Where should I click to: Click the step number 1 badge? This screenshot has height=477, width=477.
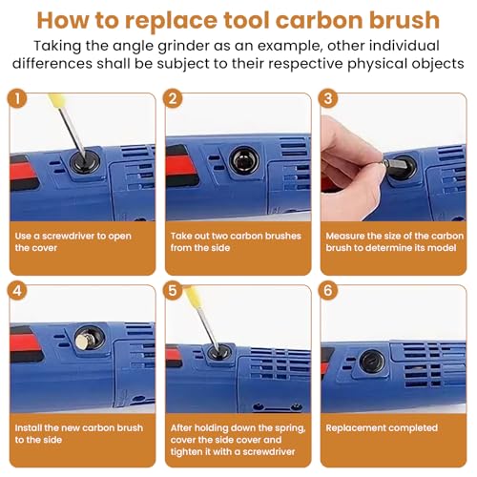click(17, 98)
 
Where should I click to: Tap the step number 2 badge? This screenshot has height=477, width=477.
click(173, 98)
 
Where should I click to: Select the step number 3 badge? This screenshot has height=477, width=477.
click(328, 98)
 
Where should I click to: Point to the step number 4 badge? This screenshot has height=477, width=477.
click(17, 290)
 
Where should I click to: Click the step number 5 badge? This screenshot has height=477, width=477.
click(173, 290)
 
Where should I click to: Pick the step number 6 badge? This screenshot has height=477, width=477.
click(328, 290)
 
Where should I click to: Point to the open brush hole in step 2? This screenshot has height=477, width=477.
click(244, 160)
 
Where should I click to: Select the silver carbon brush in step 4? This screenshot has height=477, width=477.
click(84, 341)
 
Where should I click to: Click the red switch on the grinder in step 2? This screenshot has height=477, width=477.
click(181, 166)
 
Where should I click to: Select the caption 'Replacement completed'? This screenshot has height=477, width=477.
click(382, 428)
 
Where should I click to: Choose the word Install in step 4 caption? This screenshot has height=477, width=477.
click(28, 428)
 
